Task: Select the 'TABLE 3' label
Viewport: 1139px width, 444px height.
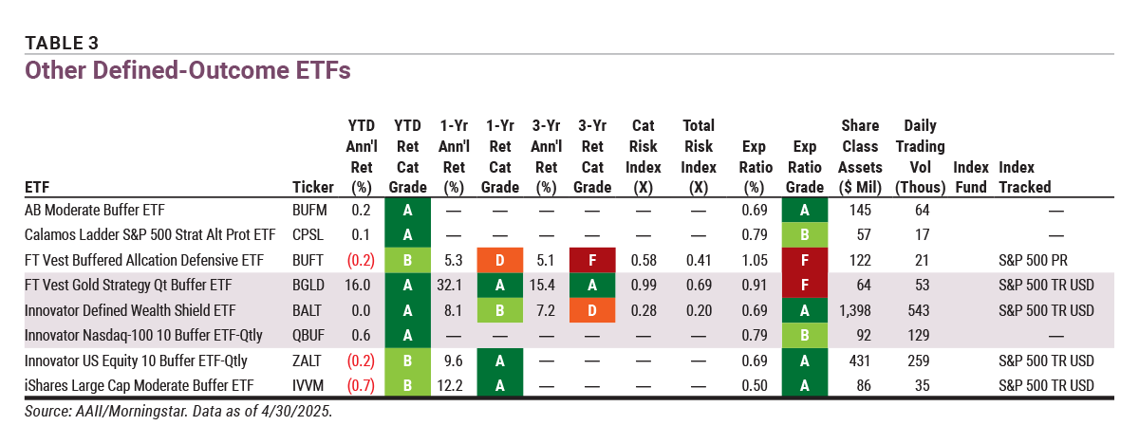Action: click(x=62, y=43)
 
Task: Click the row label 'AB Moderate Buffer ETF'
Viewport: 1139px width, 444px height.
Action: click(x=101, y=211)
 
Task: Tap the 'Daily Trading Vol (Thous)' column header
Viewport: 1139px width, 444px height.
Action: click(x=918, y=157)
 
